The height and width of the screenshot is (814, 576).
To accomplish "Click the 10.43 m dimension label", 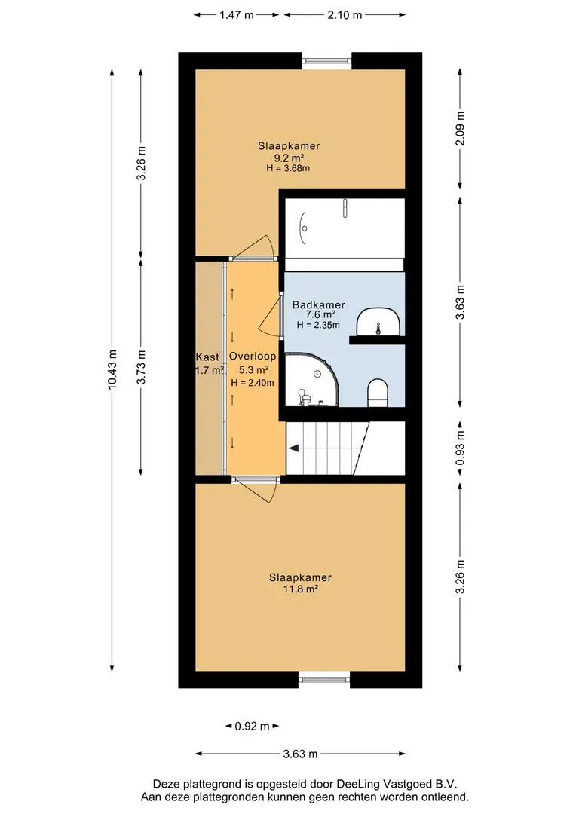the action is click(x=112, y=369).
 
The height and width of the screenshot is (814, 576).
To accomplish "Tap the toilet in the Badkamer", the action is click(x=378, y=393).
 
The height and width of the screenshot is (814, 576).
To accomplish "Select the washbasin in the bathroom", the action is click(x=378, y=321).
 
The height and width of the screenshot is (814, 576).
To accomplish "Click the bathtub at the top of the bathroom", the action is click(x=345, y=228).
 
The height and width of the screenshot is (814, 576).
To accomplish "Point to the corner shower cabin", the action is click(x=311, y=380).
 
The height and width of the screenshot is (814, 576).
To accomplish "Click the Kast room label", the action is click(x=207, y=357).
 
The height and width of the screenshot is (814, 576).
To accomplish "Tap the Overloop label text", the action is click(x=253, y=356).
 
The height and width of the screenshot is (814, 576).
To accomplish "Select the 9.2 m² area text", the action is click(x=289, y=158).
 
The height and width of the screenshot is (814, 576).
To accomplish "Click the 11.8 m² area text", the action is click(x=301, y=589).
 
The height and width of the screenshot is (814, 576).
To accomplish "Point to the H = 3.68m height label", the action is click(x=288, y=168).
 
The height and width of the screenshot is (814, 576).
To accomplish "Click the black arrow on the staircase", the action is click(x=294, y=448).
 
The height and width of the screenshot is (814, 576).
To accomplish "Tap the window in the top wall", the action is click(x=327, y=61).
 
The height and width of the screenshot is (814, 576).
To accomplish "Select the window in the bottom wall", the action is click(x=325, y=678).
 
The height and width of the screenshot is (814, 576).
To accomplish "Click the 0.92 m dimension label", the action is click(x=252, y=727).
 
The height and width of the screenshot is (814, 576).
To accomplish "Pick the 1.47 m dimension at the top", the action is click(x=236, y=15).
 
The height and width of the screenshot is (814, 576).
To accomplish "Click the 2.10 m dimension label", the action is click(x=345, y=15).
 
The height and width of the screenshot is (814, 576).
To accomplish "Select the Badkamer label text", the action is click(x=318, y=304).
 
